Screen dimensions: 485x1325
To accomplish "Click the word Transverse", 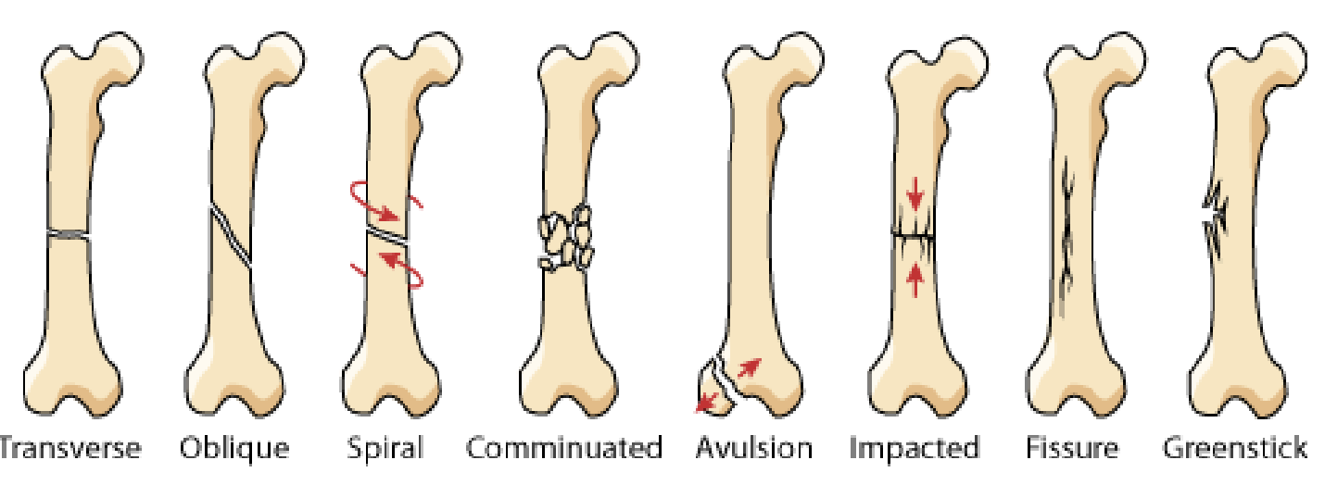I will [70, 450].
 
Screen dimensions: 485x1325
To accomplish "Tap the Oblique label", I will [234, 450].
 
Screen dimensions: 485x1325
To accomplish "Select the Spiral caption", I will [385, 450].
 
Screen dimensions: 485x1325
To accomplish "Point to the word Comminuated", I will [564, 450].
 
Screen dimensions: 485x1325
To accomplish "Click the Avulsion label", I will [754, 450].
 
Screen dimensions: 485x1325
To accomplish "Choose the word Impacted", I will [915, 450].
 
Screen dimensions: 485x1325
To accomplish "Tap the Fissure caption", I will [1072, 450].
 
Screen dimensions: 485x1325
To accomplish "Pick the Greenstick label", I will [1235, 450].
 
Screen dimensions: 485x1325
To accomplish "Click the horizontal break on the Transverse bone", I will [69, 236].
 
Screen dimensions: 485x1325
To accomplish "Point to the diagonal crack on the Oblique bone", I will [232, 236].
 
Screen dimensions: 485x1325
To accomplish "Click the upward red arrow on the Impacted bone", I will [915, 276].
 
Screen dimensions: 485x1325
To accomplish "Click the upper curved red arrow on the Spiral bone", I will [380, 200].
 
